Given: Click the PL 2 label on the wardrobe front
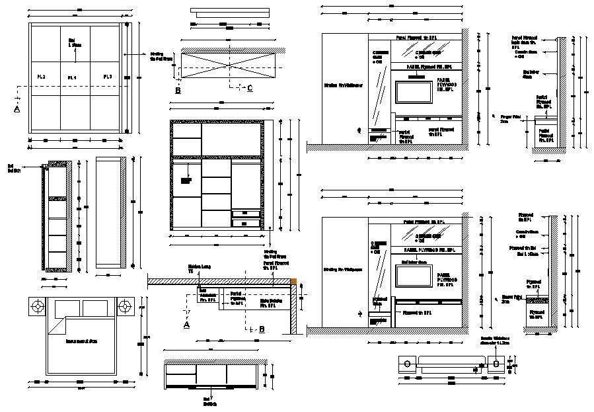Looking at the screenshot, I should (41, 77).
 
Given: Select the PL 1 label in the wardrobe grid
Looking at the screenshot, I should (72, 78).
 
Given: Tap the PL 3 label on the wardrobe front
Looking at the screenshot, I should (108, 77).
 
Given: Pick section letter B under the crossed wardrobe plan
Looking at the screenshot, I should (178, 90).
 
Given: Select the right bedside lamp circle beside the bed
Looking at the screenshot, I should (125, 306).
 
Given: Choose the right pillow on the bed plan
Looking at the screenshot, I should (95, 308).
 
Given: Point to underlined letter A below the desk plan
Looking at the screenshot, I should (186, 325).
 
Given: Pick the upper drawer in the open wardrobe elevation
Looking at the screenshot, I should (246, 214).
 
